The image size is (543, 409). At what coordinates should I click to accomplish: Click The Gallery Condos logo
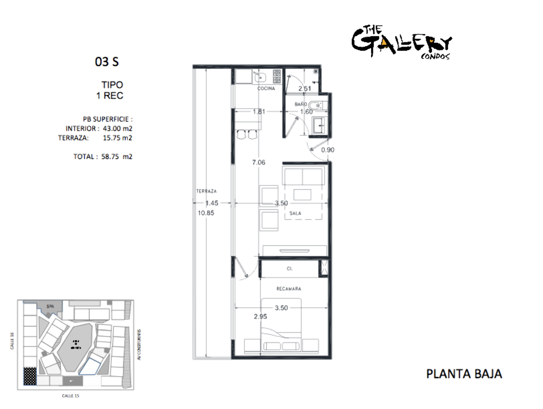[x=401, y=42]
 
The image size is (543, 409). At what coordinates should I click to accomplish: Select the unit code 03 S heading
[x=107, y=62]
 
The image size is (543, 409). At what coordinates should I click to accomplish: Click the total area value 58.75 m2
[x=116, y=156]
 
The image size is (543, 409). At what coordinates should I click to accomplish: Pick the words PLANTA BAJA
[x=464, y=374]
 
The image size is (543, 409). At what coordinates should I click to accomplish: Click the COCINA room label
[x=266, y=88]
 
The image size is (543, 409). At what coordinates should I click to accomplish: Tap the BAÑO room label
[x=301, y=104]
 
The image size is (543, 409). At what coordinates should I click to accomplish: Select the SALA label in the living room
[x=295, y=214]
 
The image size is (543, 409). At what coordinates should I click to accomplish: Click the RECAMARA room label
[x=288, y=289]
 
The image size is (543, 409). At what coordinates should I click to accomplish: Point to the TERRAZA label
[x=206, y=191]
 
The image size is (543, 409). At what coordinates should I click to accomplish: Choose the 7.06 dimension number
[x=258, y=162]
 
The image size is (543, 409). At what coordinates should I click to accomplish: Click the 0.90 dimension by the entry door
[x=328, y=150]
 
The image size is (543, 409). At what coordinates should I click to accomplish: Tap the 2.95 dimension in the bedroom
[x=260, y=316]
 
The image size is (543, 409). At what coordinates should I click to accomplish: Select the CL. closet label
[x=290, y=269]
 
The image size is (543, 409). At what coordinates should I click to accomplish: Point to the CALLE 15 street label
[x=71, y=395]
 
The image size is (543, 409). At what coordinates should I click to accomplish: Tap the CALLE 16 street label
[x=11, y=341]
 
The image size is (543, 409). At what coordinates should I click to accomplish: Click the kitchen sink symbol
[x=259, y=77]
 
